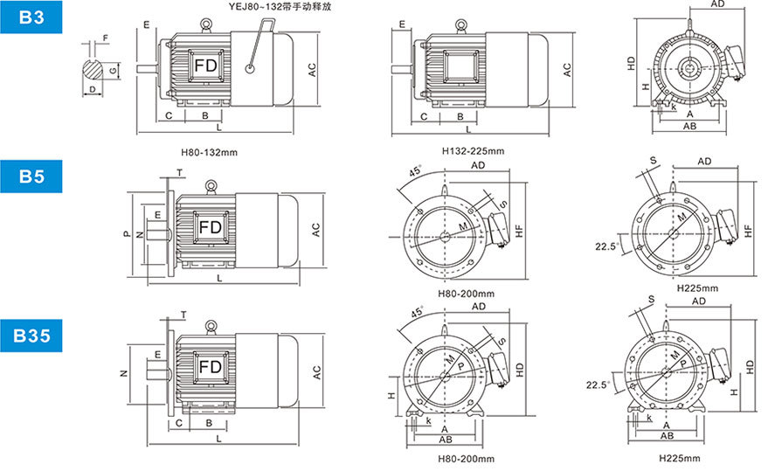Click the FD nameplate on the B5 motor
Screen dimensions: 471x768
point(211,228)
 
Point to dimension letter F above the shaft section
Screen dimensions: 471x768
point(105,38)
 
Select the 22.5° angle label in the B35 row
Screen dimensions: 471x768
point(601,383)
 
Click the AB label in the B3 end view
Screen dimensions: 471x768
point(689,126)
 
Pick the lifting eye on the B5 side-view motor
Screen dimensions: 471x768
point(210,185)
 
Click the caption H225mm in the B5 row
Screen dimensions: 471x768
point(697,287)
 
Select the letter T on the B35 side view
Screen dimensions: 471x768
point(183,314)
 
